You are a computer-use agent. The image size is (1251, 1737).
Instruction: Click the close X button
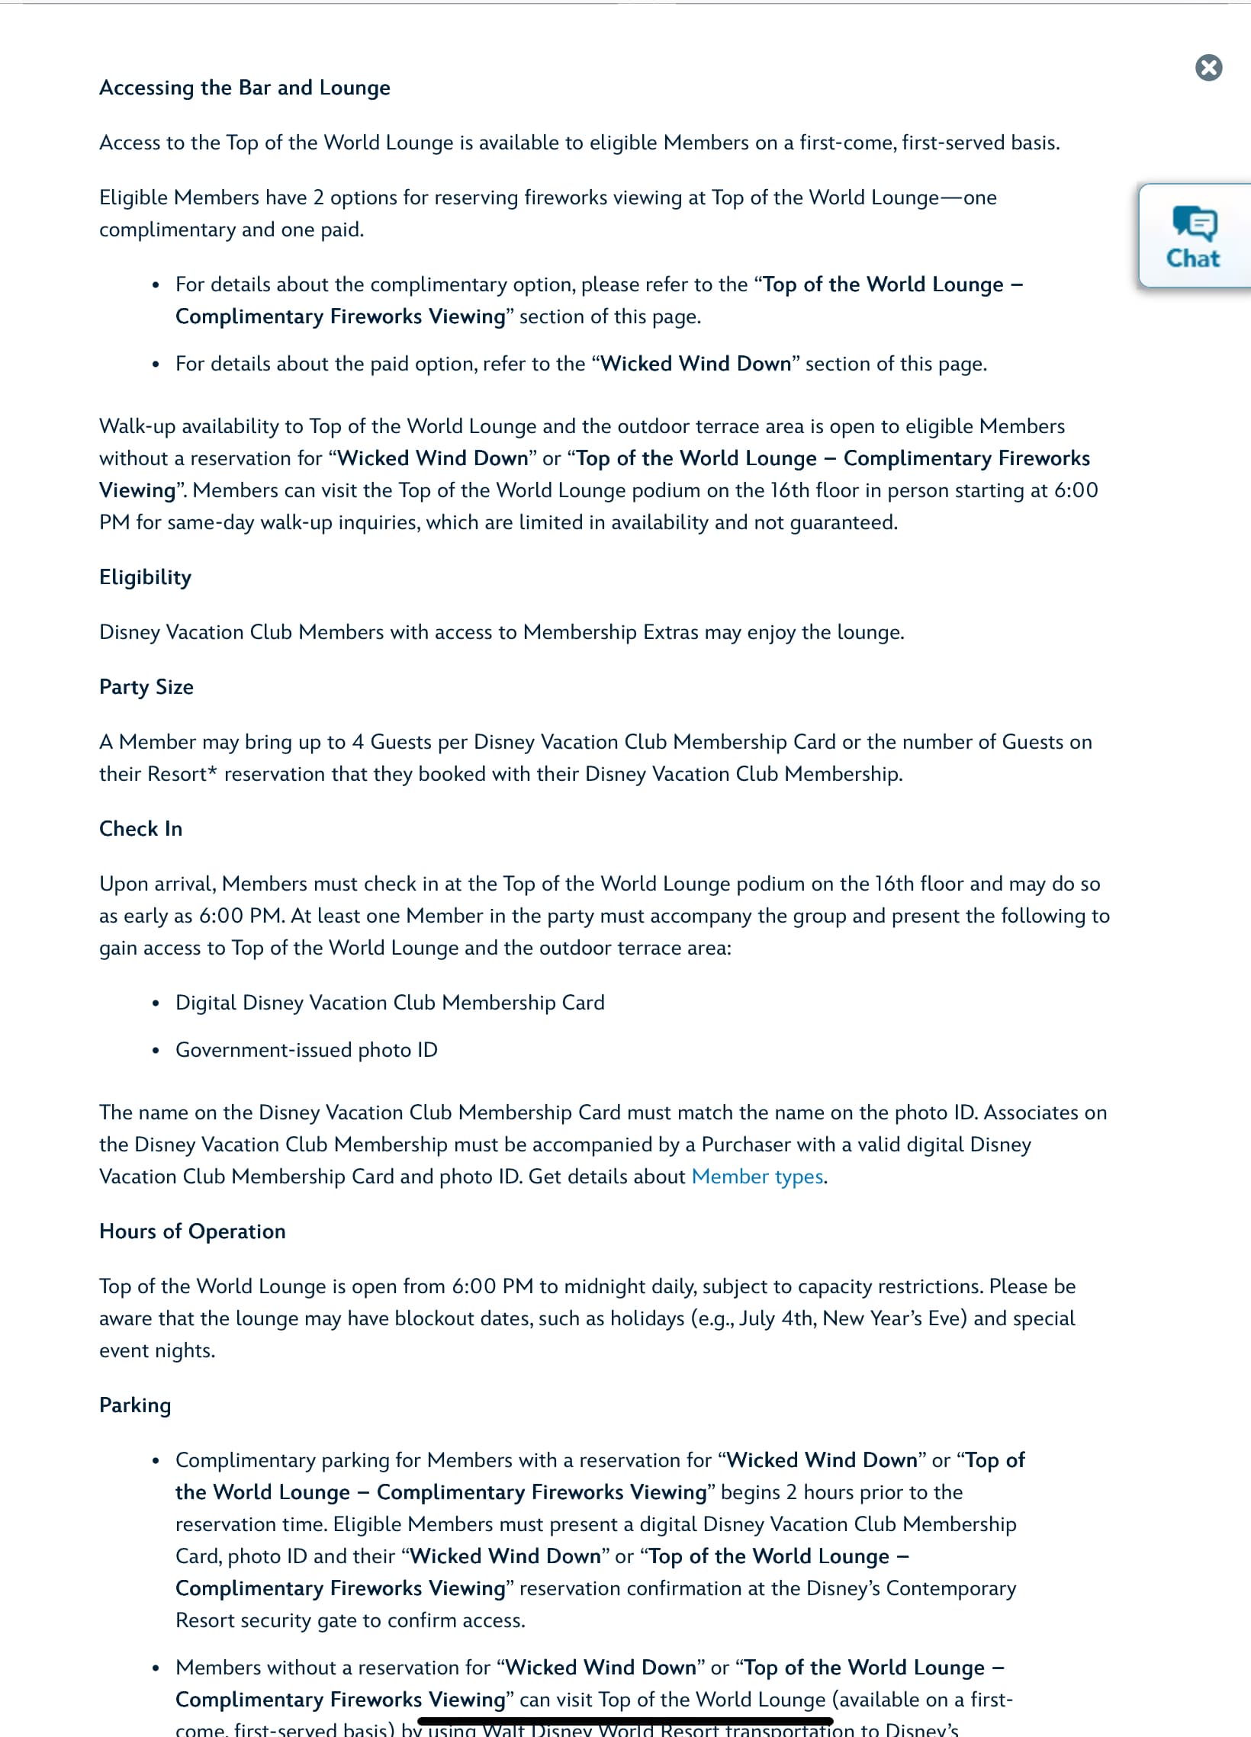click(x=1208, y=67)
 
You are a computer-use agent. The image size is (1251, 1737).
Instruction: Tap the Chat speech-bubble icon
click(x=1195, y=223)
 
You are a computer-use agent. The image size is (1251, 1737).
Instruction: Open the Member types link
click(x=757, y=1177)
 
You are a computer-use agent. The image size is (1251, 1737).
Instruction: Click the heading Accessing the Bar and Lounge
click(x=244, y=88)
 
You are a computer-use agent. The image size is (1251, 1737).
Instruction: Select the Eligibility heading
click(x=145, y=577)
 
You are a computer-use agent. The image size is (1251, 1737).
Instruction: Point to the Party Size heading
click(x=146, y=687)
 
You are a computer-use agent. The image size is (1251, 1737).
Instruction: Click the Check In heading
click(x=141, y=829)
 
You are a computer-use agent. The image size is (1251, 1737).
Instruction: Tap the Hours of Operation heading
click(x=192, y=1231)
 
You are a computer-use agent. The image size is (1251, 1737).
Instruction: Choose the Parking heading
click(x=135, y=1405)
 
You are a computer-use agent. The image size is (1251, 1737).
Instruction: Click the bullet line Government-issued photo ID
click(x=307, y=1050)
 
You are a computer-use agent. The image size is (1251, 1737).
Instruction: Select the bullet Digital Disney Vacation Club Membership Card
click(x=390, y=1003)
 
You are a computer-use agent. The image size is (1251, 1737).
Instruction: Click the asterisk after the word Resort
click(x=213, y=772)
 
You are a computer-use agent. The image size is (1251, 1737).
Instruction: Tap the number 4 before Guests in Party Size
click(x=358, y=742)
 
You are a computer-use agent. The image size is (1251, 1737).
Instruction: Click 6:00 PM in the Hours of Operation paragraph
click(x=492, y=1286)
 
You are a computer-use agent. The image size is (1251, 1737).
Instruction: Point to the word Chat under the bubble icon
click(x=1193, y=258)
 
